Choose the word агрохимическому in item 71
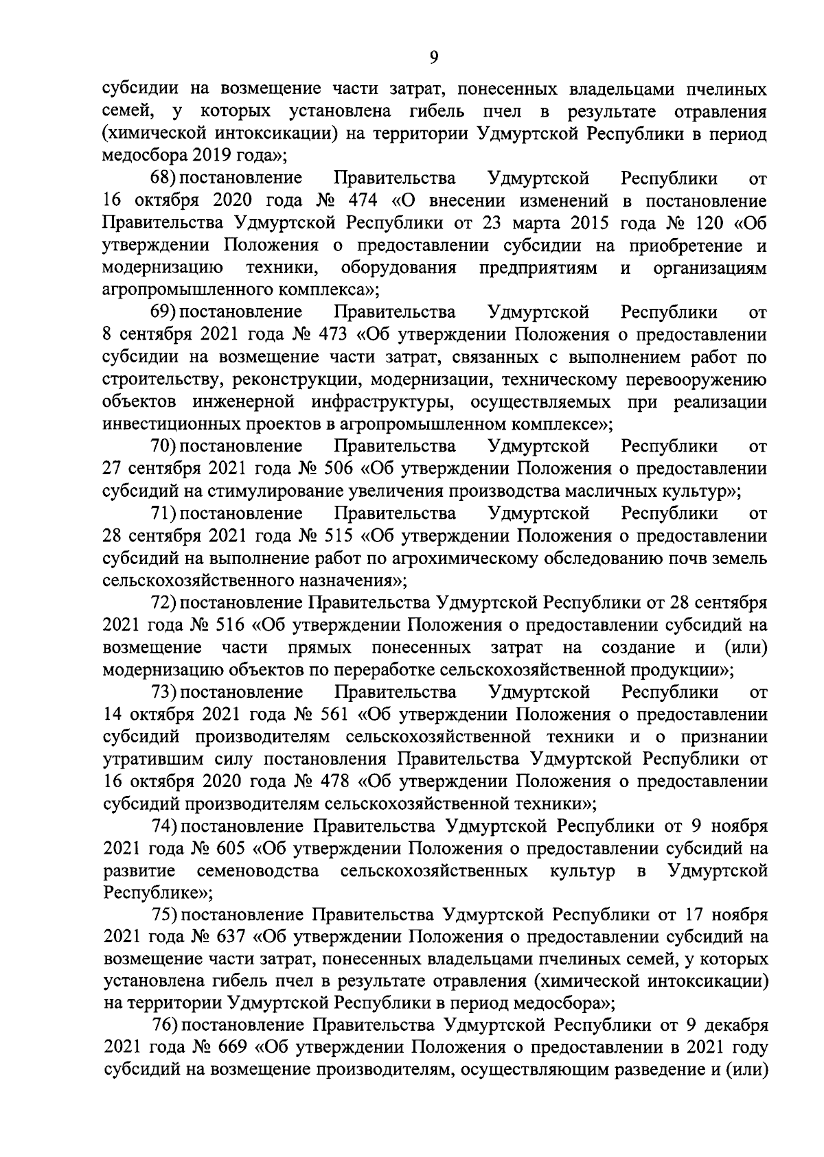click(450, 558)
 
